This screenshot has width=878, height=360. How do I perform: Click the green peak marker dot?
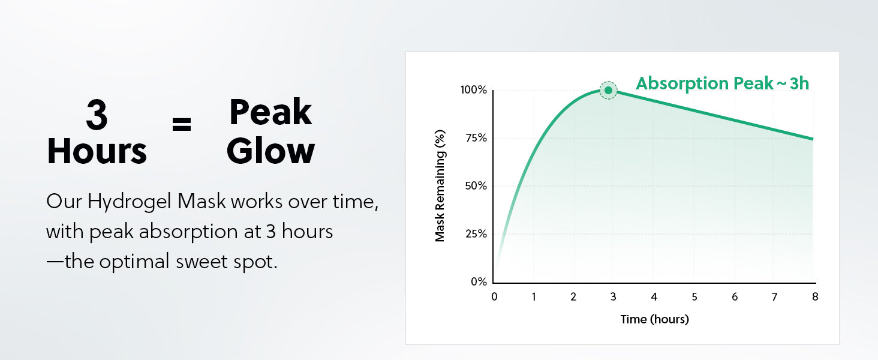point(608,90)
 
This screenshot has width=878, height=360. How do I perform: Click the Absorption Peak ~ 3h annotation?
point(723,83)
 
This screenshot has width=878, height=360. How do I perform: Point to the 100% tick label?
point(474,90)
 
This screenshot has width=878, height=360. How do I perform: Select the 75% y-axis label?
point(476,138)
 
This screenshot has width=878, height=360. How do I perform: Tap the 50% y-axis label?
point(476,186)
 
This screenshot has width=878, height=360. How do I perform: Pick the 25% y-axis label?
point(476,234)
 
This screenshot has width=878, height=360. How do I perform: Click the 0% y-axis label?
point(479,281)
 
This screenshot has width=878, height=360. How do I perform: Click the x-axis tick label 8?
point(815,297)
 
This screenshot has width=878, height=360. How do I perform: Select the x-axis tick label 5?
point(694,297)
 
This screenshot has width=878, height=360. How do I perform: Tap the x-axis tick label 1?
point(534,297)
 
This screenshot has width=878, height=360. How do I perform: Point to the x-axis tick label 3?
point(614,297)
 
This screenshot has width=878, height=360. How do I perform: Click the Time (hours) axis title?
point(654,319)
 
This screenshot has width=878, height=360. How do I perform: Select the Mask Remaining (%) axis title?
point(440,186)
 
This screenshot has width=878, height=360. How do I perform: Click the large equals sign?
point(182,124)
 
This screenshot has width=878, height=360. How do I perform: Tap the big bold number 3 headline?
point(97,115)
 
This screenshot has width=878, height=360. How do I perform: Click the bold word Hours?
point(97,151)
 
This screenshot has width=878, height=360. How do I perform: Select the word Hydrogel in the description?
point(129,202)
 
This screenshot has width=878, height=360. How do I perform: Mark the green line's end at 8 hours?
point(813,139)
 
